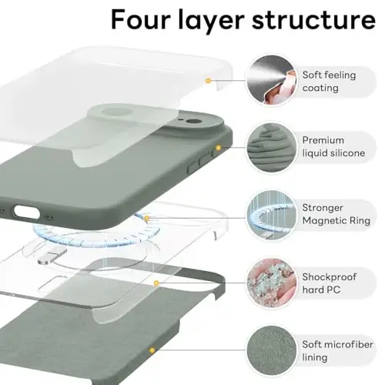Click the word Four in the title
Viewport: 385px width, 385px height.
pos(139,19)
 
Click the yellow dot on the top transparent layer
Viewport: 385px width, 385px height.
pos(208,80)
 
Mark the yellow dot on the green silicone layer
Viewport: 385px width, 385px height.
pos(218,147)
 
